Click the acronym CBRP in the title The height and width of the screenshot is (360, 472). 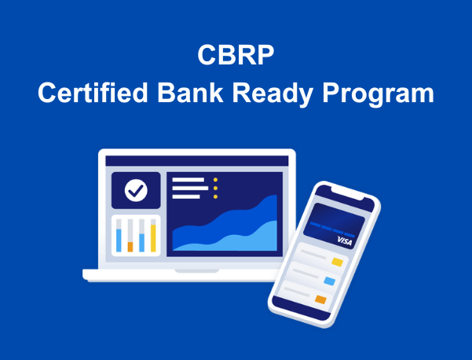236,54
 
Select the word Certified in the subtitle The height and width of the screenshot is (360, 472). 93,93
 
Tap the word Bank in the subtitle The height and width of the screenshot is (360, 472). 190,93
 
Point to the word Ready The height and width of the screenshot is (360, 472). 273,94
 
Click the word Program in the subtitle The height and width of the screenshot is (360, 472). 378,94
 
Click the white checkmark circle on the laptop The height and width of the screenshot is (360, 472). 136,190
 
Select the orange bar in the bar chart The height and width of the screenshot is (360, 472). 130,247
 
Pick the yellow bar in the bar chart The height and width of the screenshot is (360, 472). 153,238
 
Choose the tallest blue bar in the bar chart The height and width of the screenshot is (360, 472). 119,241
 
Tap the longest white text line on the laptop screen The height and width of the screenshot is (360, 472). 190,189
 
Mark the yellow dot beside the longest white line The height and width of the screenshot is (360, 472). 215,189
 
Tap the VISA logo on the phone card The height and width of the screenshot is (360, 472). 345,241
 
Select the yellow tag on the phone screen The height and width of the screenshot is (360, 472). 338,262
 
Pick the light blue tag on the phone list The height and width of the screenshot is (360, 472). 330,281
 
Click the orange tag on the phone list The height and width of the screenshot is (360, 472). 321,299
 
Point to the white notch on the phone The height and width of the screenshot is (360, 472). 348,193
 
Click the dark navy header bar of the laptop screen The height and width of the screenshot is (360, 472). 197,160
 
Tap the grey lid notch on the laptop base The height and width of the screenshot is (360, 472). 197,271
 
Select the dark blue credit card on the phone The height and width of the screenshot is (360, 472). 334,226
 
